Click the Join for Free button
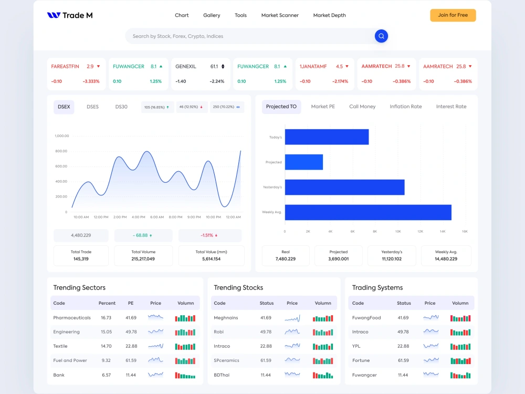coord(453,15)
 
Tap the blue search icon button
coord(381,36)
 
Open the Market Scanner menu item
coord(280,15)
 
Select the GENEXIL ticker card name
coord(186,67)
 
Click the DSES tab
coord(92,107)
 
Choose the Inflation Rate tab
coord(405,107)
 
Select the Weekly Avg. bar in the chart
coord(367,212)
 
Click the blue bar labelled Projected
coord(303,162)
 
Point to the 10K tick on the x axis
coord(397,231)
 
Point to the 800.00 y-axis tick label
coord(61,151)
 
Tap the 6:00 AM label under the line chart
coord(157,217)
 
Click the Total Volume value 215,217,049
coord(143,259)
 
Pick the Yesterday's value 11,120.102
coord(392,259)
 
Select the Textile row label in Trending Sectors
coord(60,346)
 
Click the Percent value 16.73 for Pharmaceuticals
coord(106,318)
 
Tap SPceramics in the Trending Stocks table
coord(226,360)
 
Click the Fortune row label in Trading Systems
coord(361,360)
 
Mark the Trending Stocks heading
coord(238,288)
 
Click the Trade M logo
coord(70,15)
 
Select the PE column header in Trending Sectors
coord(131,303)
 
